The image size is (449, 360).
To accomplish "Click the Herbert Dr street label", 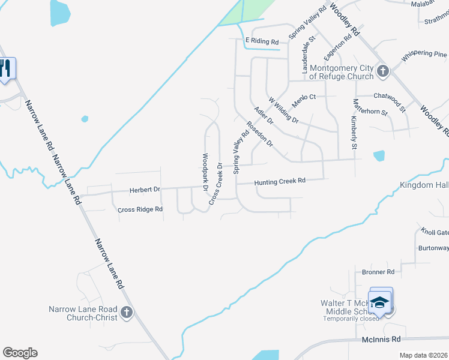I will point(145,190).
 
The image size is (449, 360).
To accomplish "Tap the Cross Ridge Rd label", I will point(140,209).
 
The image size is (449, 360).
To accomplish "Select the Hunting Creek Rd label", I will point(280,181).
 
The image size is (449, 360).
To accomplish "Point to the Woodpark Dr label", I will point(205,172).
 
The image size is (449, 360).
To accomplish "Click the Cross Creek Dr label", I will point(215,184).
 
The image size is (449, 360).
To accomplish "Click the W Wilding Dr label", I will point(283,110).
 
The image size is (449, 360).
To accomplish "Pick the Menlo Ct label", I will point(304,97).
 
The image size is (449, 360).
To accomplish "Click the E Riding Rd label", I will point(262,42).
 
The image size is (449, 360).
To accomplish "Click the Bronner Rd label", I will point(378,272).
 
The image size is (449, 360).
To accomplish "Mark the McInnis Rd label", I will point(381,340).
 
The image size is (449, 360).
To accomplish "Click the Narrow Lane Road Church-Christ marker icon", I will point(126,312).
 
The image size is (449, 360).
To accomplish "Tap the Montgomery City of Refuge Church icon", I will point(383,72).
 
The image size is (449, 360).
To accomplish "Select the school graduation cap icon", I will point(379,302).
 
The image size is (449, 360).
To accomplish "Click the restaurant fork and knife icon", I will point(5,67).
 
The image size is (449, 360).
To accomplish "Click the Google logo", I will point(20,353).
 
